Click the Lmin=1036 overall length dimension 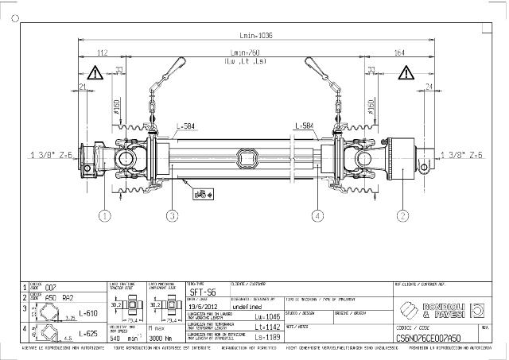[254, 34]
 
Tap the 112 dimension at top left [102, 53]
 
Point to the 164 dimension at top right [399, 53]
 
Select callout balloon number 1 [105, 215]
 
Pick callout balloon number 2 [402, 215]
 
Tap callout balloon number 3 [172, 215]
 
